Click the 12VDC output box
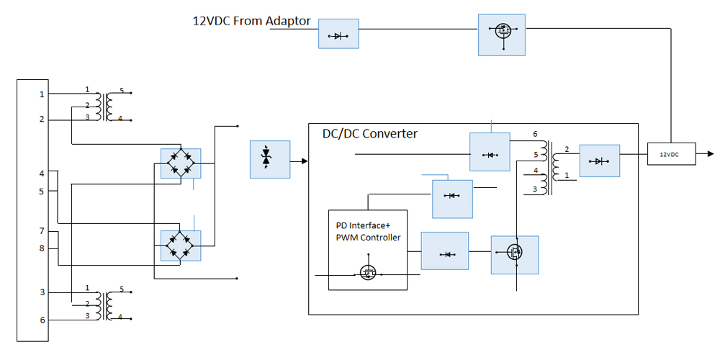click(x=671, y=154)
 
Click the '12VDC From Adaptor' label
click(x=251, y=22)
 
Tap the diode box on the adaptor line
click(x=338, y=34)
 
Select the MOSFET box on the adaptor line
click(x=502, y=35)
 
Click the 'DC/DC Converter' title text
click(x=369, y=134)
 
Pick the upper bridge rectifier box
click(x=180, y=163)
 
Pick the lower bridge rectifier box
click(x=180, y=246)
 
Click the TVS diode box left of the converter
click(x=269, y=159)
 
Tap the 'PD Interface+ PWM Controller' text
click(x=368, y=232)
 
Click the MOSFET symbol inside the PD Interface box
click(x=368, y=272)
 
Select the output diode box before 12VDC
click(x=599, y=161)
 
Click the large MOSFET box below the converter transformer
click(x=514, y=254)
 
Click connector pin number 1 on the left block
click(x=42, y=94)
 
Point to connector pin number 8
click(x=42, y=248)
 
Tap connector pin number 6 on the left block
click(x=42, y=320)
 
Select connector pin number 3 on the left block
click(x=42, y=292)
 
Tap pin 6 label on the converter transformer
click(x=535, y=135)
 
